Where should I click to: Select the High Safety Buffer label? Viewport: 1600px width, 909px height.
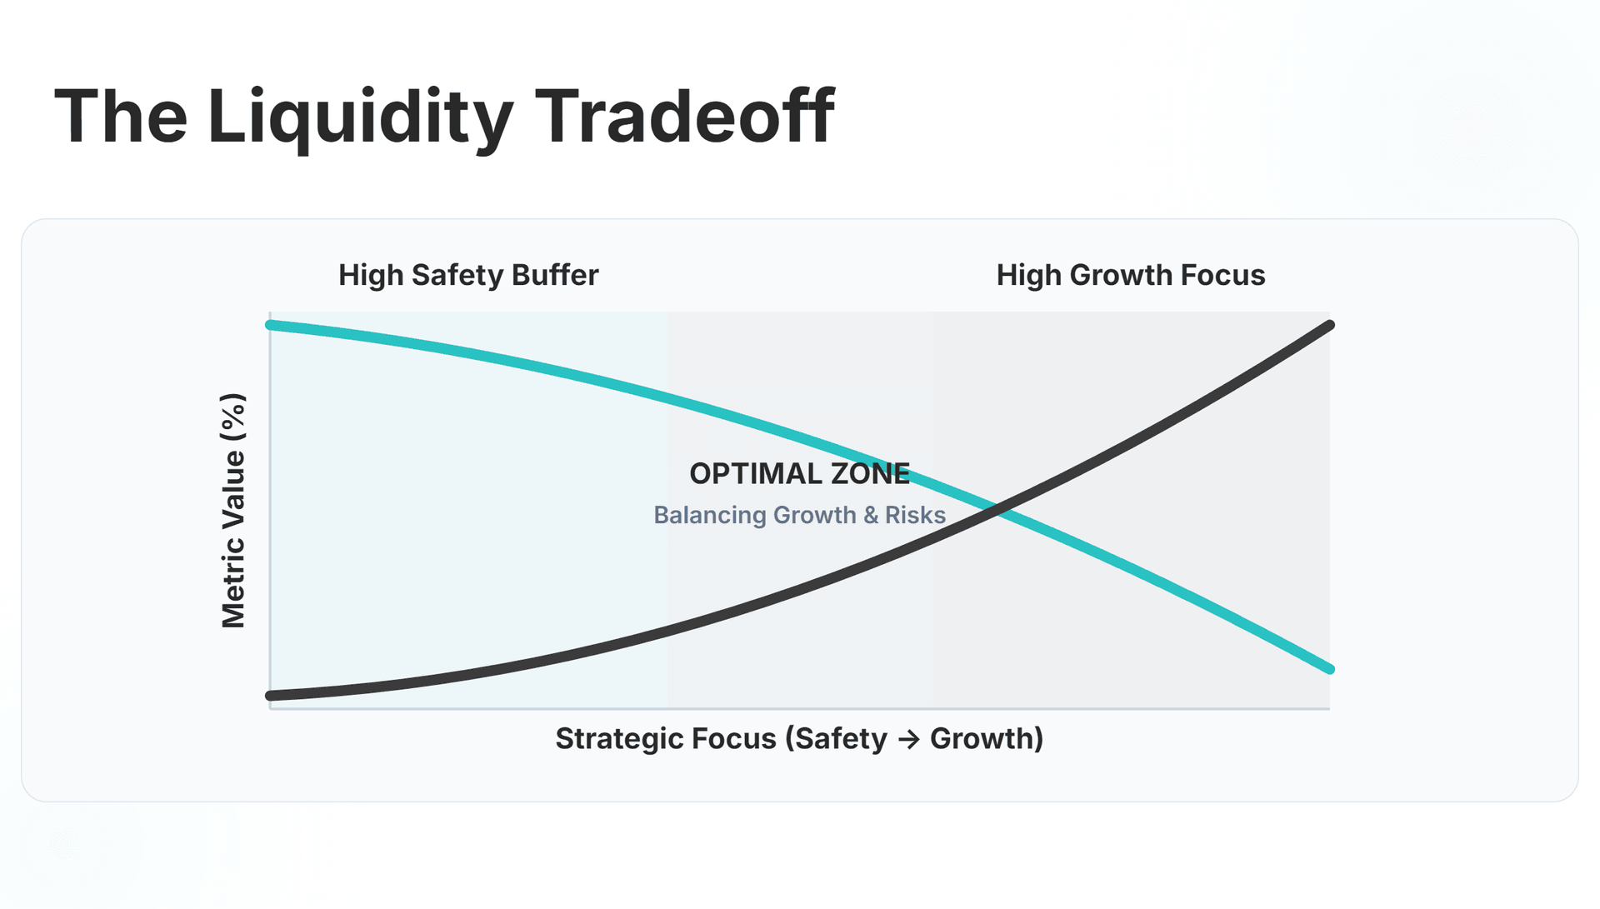click(x=468, y=275)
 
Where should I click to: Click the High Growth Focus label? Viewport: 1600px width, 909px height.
click(x=1131, y=275)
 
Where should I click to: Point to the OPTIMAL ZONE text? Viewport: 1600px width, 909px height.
click(x=799, y=473)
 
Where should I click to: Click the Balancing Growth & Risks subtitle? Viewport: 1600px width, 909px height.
click(x=799, y=515)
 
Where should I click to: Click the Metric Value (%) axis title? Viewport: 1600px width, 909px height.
click(x=233, y=510)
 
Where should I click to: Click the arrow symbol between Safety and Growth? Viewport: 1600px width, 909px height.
click(x=908, y=739)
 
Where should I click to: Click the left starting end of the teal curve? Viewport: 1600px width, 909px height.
click(x=271, y=325)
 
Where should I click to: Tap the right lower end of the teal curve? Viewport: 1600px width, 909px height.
click(x=1329, y=668)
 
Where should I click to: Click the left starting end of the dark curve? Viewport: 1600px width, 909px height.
click(x=271, y=695)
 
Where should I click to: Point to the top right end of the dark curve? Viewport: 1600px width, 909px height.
click(x=1329, y=326)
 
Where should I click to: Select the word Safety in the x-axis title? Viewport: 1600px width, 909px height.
click(x=842, y=738)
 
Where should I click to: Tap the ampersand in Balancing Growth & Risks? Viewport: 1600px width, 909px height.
click(x=871, y=515)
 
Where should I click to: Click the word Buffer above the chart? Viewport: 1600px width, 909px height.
click(x=555, y=275)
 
